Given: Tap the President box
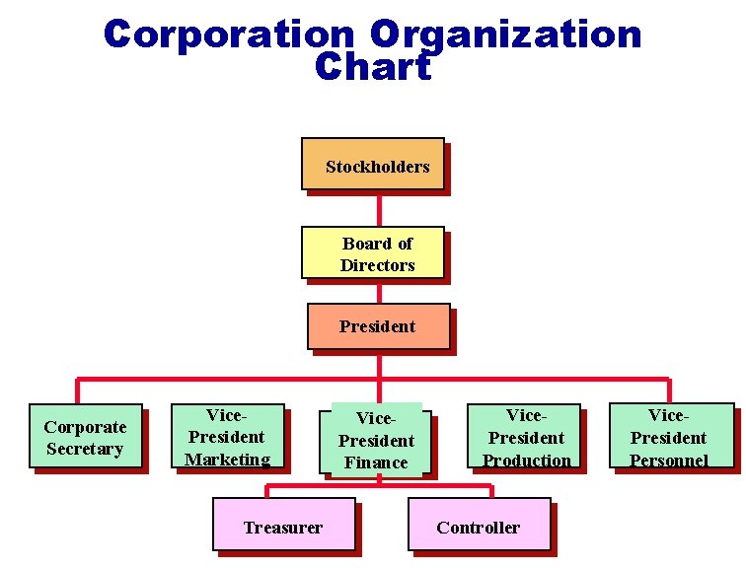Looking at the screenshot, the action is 378,326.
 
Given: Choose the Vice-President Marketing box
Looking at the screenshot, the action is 227,436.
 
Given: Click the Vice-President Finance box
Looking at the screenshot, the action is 376,440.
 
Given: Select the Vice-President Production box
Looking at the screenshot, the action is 523,436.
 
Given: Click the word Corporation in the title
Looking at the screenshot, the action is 229,35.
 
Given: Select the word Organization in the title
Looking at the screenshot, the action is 506,35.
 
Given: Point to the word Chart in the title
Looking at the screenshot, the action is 373,67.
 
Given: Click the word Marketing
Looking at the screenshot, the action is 227,459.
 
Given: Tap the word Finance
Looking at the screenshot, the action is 376,462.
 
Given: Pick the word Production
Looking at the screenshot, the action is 527,461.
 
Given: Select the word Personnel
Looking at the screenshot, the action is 669,460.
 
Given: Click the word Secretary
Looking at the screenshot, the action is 85,449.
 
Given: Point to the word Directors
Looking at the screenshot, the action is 377,265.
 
